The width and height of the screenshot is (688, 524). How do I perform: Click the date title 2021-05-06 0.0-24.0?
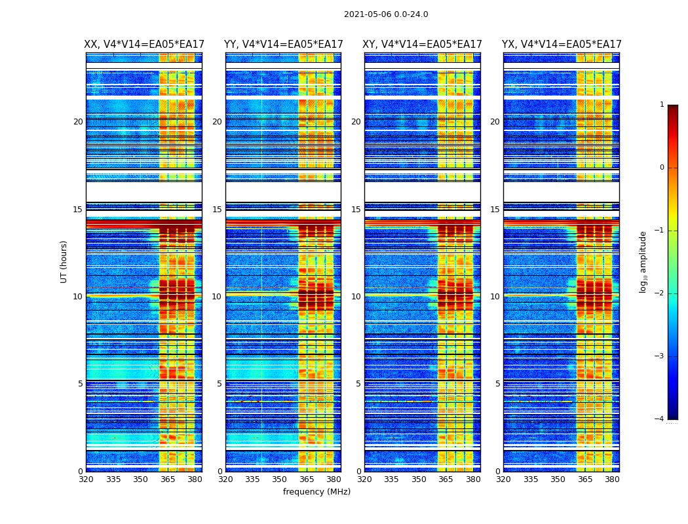point(386,14)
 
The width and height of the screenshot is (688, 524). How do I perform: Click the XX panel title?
point(144,45)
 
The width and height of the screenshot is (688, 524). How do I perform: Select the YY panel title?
point(283,45)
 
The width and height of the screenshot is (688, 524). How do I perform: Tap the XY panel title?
point(422,45)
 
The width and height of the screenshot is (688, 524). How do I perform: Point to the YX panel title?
point(562,45)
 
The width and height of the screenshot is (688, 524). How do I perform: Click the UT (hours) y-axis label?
point(64,261)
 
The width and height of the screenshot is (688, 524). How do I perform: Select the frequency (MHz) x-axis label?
point(316,492)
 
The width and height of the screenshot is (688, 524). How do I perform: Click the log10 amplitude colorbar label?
point(643,261)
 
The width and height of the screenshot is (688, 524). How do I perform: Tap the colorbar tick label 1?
point(662,105)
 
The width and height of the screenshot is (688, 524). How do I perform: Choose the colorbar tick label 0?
point(662,168)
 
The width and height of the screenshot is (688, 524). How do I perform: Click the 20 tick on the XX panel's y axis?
point(78,122)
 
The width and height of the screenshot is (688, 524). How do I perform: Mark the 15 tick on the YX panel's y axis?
point(496,210)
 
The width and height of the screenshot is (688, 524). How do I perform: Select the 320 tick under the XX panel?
point(86,479)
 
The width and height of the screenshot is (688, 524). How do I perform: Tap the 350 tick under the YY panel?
point(280,479)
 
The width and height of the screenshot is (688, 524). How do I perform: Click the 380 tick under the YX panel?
point(612,479)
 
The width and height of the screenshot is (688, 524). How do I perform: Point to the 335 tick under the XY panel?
point(391,479)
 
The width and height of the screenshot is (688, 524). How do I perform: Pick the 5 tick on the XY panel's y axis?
point(358,384)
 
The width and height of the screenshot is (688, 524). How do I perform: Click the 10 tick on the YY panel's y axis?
point(217,297)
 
